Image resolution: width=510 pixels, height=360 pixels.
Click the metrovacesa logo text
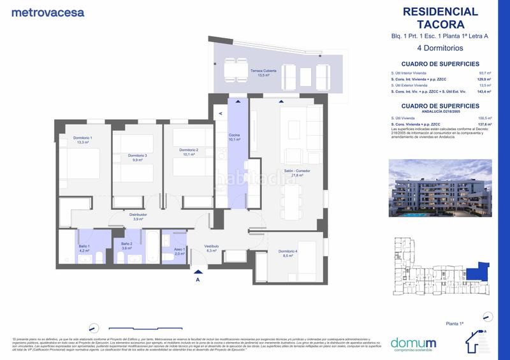48,12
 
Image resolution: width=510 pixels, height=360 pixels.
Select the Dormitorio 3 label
137,158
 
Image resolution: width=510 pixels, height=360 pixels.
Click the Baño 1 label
85,248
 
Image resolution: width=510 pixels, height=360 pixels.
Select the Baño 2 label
126,246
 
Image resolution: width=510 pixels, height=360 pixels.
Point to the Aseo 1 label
179,251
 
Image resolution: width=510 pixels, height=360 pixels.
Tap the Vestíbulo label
212,248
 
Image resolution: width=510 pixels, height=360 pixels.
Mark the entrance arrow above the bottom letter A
198,271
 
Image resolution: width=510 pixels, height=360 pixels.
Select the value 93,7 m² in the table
485,73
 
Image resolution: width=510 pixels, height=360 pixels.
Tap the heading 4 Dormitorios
440,48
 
